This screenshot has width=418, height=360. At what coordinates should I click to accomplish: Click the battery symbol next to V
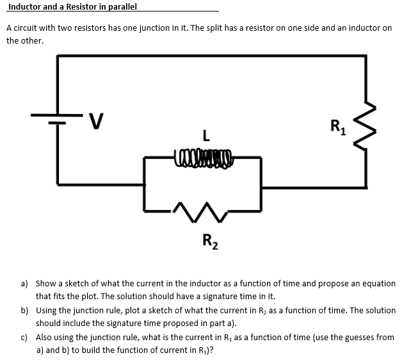58,118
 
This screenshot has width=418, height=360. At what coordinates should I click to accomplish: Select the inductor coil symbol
202,154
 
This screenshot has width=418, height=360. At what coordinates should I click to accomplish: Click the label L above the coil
204,136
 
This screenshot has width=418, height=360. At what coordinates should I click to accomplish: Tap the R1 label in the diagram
337,126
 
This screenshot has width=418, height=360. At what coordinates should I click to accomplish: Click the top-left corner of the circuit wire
58,56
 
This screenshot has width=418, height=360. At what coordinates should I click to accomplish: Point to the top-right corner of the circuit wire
366,56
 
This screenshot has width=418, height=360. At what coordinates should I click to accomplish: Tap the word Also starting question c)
45,337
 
